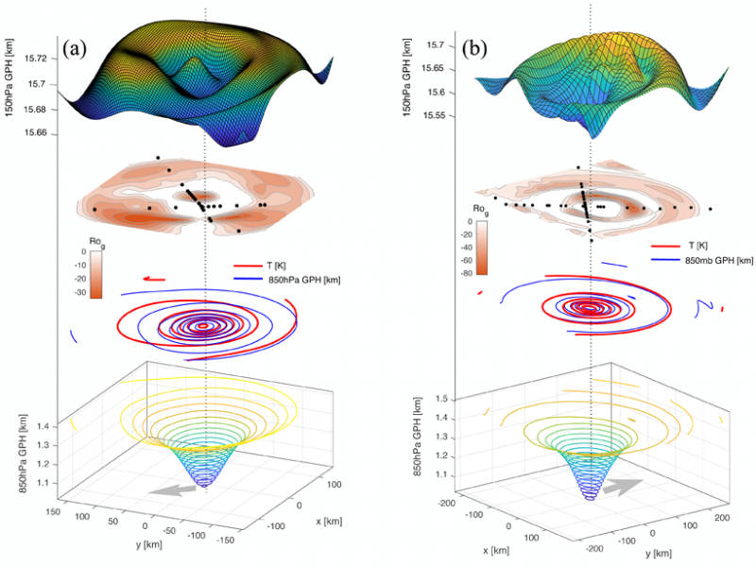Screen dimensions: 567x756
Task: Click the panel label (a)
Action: coord(77,45)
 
